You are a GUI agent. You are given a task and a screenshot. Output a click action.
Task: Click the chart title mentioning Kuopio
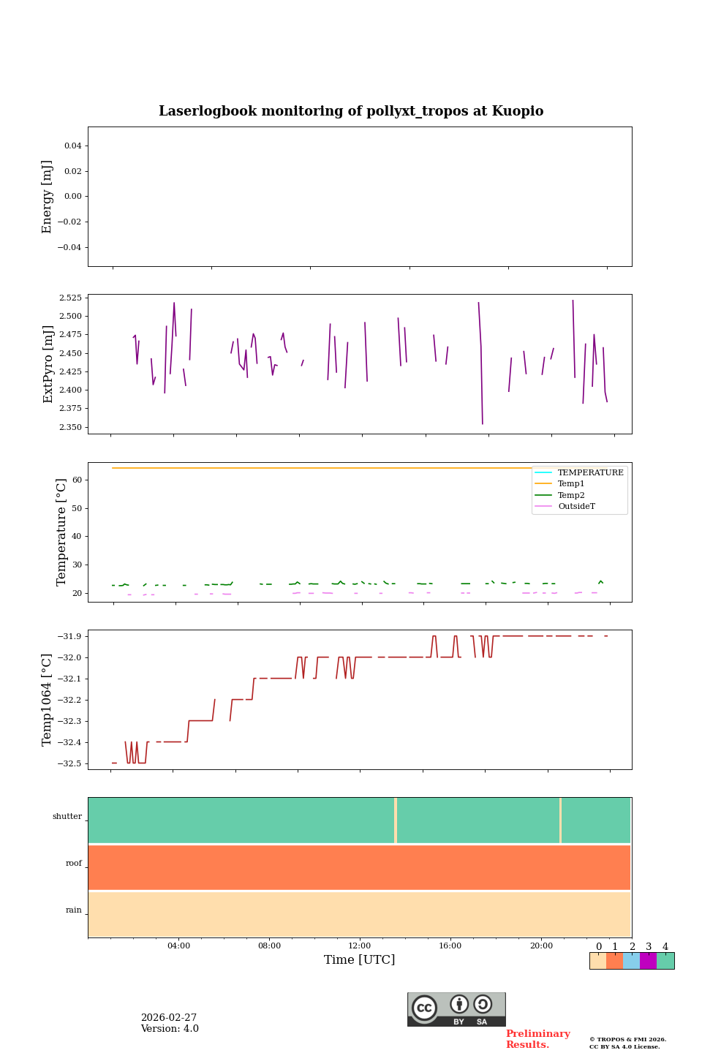click(x=351, y=111)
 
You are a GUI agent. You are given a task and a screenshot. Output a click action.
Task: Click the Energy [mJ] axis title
click(x=48, y=197)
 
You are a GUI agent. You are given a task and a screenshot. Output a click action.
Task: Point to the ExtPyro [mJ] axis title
click(x=48, y=364)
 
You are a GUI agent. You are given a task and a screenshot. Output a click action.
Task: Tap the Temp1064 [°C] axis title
click(x=48, y=700)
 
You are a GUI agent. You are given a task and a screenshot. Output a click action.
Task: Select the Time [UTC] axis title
click(x=359, y=960)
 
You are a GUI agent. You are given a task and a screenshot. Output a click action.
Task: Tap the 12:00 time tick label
click(x=360, y=946)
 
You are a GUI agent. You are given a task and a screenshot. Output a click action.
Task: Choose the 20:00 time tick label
click(x=541, y=946)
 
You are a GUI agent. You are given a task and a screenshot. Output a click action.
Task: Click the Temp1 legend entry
click(x=571, y=484)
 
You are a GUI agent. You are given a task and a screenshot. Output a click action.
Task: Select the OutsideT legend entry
click(x=576, y=507)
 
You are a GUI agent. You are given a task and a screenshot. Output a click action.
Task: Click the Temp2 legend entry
click(x=571, y=496)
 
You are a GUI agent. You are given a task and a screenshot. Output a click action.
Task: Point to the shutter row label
click(x=67, y=817)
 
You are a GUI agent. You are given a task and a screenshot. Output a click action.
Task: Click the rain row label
click(x=74, y=910)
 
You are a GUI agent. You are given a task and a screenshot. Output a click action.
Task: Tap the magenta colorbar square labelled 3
click(x=648, y=961)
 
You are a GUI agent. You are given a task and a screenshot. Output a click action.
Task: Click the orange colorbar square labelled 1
click(x=614, y=961)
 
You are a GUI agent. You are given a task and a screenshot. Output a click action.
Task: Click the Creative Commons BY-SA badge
click(x=456, y=1009)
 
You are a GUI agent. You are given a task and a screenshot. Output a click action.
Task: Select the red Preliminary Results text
click(x=537, y=1039)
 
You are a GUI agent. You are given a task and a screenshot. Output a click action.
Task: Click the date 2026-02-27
click(x=169, y=1018)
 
